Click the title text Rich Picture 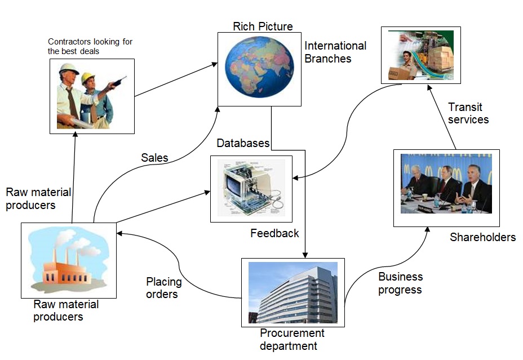pyautogui.click(x=263, y=26)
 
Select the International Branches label pyautogui.click(x=335, y=52)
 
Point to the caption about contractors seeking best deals pyautogui.click(x=90, y=46)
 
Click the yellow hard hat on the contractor pyautogui.click(x=88, y=78)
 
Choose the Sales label pyautogui.click(x=154, y=158)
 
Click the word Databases pyautogui.click(x=243, y=143)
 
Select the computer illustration pyautogui.click(x=251, y=188)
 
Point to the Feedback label pyautogui.click(x=274, y=233)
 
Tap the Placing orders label pyautogui.click(x=163, y=287)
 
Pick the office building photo pyautogui.click(x=293, y=292)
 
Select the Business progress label pyautogui.click(x=400, y=283)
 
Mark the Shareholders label pyautogui.click(x=482, y=237)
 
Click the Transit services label pyautogui.click(x=468, y=113)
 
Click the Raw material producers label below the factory pyautogui.click(x=66, y=310)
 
